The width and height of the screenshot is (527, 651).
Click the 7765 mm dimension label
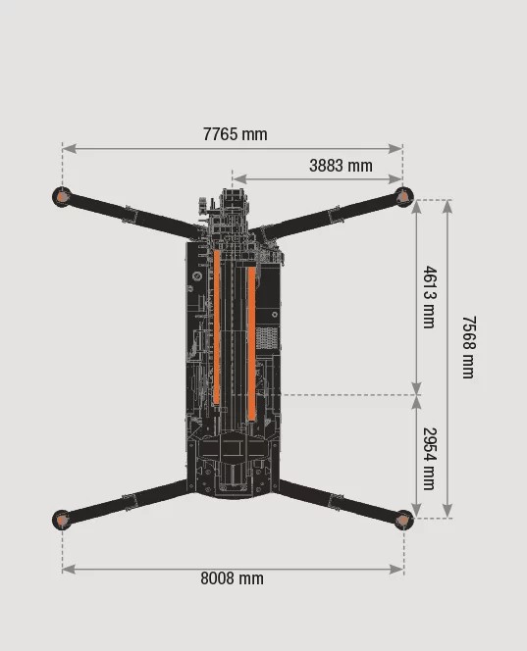coord(236,134)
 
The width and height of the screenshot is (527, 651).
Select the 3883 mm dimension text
coord(341,166)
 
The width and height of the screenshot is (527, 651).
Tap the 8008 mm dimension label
coord(232,578)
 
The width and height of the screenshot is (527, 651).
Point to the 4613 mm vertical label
coord(430,297)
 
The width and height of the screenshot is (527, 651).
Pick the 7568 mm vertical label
coord(469,347)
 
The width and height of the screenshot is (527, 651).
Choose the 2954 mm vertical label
coord(430,459)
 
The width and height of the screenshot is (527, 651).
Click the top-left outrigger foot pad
coord(63,197)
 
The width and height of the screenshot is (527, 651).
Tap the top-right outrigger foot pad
coord(403,196)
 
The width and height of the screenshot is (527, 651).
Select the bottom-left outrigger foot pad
coord(62,520)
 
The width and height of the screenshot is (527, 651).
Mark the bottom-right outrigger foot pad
coord(403,520)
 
